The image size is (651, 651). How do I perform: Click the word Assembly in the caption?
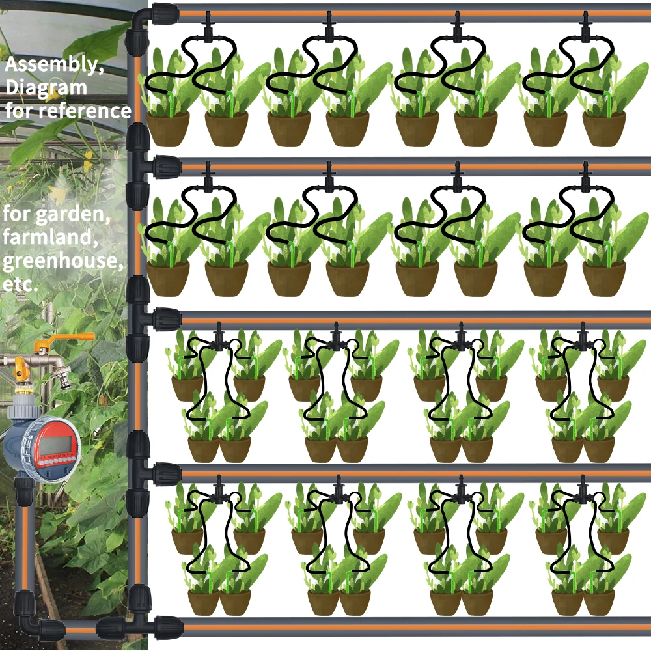[51, 64]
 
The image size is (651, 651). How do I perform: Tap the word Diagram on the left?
[46, 88]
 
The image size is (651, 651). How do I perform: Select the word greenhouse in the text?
[62, 261]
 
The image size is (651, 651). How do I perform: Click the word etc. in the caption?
[20, 284]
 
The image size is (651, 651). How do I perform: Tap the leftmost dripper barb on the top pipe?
[208, 27]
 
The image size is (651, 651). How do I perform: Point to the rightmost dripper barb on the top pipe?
[586, 27]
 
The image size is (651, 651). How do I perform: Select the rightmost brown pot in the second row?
[603, 278]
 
